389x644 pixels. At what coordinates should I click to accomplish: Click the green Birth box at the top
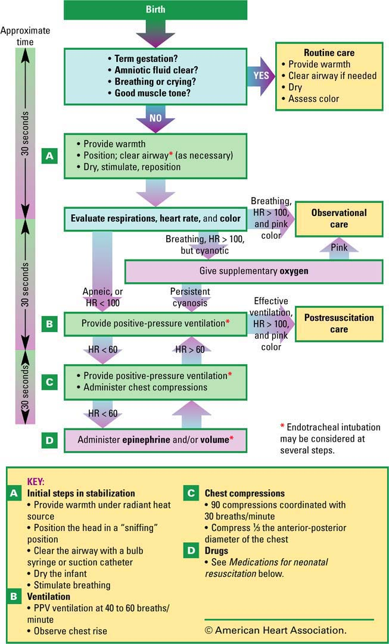[155, 10]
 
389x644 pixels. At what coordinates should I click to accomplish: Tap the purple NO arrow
[155, 118]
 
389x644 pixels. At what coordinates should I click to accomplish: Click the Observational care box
[339, 218]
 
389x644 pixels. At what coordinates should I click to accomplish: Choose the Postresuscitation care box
[339, 323]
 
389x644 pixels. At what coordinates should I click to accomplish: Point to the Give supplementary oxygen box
[253, 271]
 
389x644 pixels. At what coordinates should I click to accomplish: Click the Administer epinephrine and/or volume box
[155, 440]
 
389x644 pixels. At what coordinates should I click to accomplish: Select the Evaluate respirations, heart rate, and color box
[155, 218]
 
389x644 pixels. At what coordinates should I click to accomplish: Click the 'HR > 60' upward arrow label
[190, 349]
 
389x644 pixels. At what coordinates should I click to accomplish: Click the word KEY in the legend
[36, 482]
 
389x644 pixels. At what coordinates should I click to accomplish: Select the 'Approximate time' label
[26, 36]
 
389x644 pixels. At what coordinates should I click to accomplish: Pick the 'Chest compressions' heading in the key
[244, 493]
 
